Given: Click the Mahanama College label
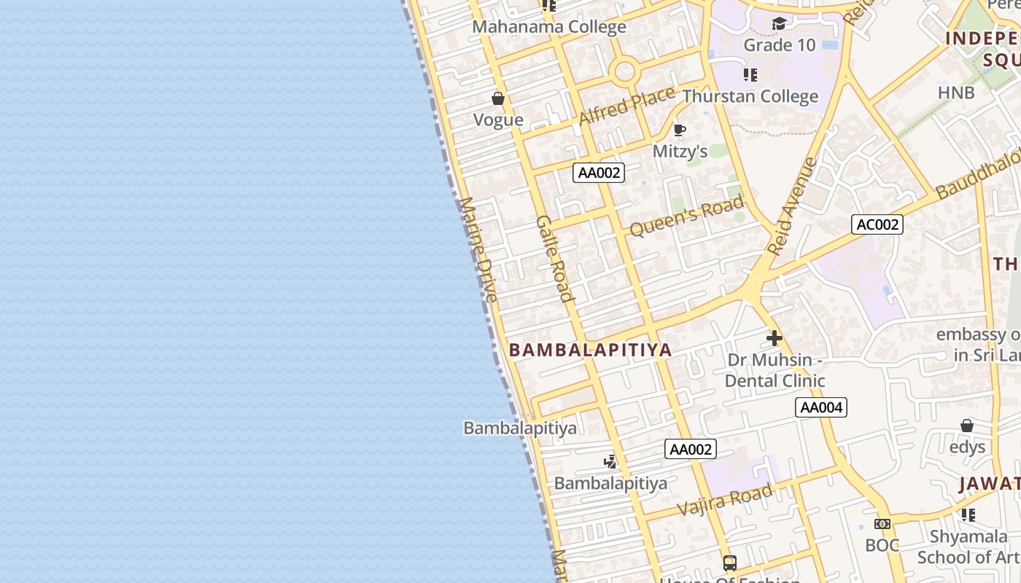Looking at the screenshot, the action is (549, 27).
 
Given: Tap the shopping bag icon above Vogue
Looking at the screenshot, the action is (498, 98).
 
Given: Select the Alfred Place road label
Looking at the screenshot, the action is (627, 106).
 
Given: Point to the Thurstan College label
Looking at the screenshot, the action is (750, 96).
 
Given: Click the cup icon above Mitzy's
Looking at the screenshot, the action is (680, 130).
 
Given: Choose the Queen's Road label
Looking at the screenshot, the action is (686, 216).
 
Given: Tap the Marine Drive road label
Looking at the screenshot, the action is (478, 249).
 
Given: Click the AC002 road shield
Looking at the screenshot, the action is (877, 224).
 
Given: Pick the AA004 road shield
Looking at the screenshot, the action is (821, 407).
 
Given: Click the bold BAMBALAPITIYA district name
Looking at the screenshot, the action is (590, 350).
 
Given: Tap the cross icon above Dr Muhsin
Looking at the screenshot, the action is (775, 338).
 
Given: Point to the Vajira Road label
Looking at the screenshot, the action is (724, 501).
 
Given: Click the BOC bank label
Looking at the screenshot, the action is (882, 545).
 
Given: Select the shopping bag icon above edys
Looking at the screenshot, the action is (967, 426).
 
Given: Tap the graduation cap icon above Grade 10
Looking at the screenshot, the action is (779, 24).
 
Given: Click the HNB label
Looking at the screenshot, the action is (956, 93).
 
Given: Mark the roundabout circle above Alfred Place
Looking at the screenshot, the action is (625, 71).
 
